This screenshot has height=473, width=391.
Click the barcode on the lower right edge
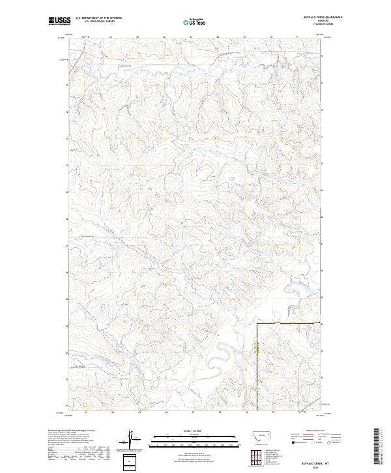coord(379,444)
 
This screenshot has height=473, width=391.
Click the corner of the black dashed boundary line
coord(256,324)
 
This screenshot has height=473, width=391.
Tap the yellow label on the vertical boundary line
coord(256,350)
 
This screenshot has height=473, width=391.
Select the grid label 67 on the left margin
coord(66,246)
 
